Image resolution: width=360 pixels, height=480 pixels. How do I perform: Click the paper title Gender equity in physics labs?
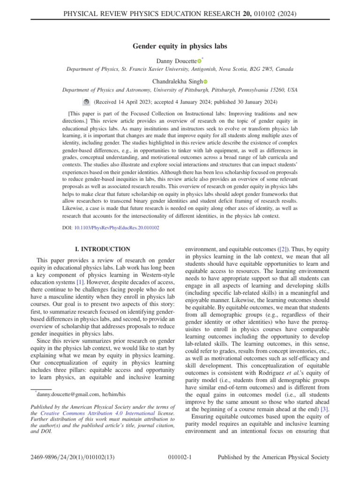point(180,46)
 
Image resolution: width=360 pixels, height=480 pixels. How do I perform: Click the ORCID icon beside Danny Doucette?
point(199,61)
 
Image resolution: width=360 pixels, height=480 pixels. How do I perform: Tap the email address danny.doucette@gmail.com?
point(65,395)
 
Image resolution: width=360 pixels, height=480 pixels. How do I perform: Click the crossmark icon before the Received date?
point(86,101)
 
